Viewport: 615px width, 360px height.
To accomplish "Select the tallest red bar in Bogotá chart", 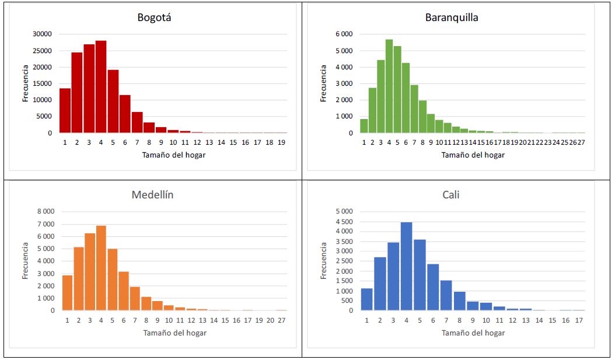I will point(101,87).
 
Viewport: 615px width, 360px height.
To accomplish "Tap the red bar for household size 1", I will point(65,111).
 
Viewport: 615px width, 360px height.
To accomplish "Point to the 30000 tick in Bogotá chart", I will point(41,34).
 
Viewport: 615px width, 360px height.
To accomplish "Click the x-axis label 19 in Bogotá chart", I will point(281,142).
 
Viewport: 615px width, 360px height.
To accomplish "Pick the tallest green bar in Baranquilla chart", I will point(389,86).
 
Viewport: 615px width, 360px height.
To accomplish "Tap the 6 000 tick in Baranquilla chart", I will point(343,34).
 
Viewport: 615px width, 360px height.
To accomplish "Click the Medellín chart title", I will point(152,195).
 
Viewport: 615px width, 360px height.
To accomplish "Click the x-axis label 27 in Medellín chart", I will point(281,320).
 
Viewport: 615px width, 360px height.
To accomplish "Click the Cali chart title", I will point(450,195).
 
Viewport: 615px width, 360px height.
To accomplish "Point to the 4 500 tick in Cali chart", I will point(344,222).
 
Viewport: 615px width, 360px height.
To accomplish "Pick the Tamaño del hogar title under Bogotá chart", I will point(174,155).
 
